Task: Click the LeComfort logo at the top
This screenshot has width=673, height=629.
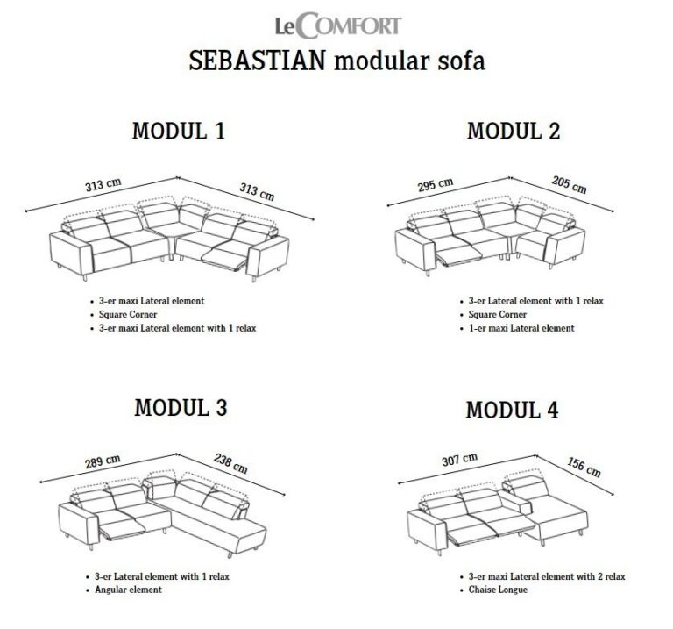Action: click(x=337, y=25)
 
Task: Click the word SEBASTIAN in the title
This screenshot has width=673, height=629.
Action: click(x=257, y=61)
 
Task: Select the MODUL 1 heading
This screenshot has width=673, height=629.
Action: click(x=179, y=131)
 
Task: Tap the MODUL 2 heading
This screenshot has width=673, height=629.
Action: click(x=514, y=131)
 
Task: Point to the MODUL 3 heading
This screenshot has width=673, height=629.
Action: click(x=181, y=407)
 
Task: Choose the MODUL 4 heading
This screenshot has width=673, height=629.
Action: click(x=512, y=410)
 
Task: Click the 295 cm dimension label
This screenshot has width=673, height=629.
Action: click(x=436, y=185)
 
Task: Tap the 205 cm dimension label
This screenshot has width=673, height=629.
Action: click(x=569, y=185)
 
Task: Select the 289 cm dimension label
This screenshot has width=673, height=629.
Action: click(x=103, y=461)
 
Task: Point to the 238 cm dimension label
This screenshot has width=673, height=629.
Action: click(x=230, y=464)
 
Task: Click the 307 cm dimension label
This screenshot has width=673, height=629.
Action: click(x=460, y=460)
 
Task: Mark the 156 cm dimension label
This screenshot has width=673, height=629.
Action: click(x=584, y=468)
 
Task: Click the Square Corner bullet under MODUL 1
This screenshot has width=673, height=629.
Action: click(x=128, y=314)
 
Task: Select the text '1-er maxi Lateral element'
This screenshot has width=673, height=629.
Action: click(x=521, y=328)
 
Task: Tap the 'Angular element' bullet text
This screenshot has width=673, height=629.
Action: click(x=128, y=590)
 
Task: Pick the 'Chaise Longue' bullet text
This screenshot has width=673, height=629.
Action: click(x=498, y=590)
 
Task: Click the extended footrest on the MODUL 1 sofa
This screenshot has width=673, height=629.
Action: click(x=224, y=260)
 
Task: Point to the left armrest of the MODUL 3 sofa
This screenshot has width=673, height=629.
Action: click(x=79, y=525)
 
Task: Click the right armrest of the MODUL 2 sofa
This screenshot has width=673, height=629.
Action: click(x=566, y=247)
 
